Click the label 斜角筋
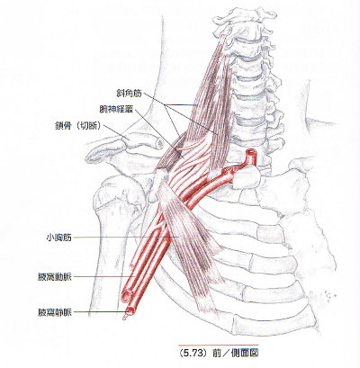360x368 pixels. point(129,94)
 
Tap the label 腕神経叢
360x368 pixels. point(116,109)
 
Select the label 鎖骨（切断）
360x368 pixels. point(77,126)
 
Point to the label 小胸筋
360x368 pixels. point(59,238)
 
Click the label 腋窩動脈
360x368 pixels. point(55,277)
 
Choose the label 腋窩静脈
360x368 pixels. point(55,312)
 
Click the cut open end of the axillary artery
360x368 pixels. point(126,296)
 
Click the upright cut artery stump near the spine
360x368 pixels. point(251,157)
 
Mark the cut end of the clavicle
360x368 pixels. point(159,143)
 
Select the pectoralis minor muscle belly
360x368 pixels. point(189,240)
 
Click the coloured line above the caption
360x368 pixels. point(219,346)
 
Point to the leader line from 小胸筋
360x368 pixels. point(126,238)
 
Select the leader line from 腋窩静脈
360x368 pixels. point(100,312)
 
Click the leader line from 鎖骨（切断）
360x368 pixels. point(116,132)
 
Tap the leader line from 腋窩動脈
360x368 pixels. point(103,276)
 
